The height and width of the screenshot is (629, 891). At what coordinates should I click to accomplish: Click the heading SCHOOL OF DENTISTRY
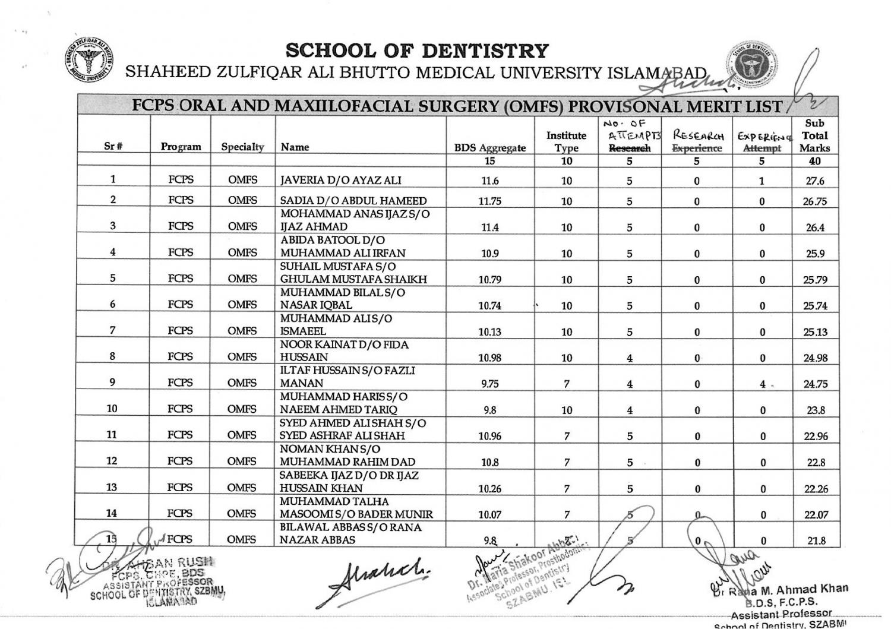pyautogui.click(x=416, y=51)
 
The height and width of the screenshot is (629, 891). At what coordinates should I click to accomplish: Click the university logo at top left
pyautogui.click(x=89, y=61)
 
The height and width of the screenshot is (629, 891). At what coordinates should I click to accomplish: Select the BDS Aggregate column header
pyautogui.click(x=490, y=148)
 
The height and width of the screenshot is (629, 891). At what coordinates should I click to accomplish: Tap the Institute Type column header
pyautogui.click(x=566, y=141)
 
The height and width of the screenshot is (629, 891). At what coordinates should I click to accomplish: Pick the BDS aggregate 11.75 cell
pyautogui.click(x=490, y=201)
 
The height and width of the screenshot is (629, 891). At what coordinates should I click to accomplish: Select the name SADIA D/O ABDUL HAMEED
pyautogui.click(x=353, y=201)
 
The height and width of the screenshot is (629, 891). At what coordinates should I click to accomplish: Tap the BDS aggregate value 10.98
pyautogui.click(x=490, y=358)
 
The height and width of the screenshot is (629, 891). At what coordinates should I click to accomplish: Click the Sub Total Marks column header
pyautogui.click(x=814, y=135)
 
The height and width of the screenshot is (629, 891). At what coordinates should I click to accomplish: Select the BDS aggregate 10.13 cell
pyautogui.click(x=490, y=332)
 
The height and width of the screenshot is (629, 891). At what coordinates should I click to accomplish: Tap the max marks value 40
pyautogui.click(x=814, y=161)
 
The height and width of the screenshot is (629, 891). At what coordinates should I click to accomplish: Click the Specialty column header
pyautogui.click(x=242, y=147)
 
